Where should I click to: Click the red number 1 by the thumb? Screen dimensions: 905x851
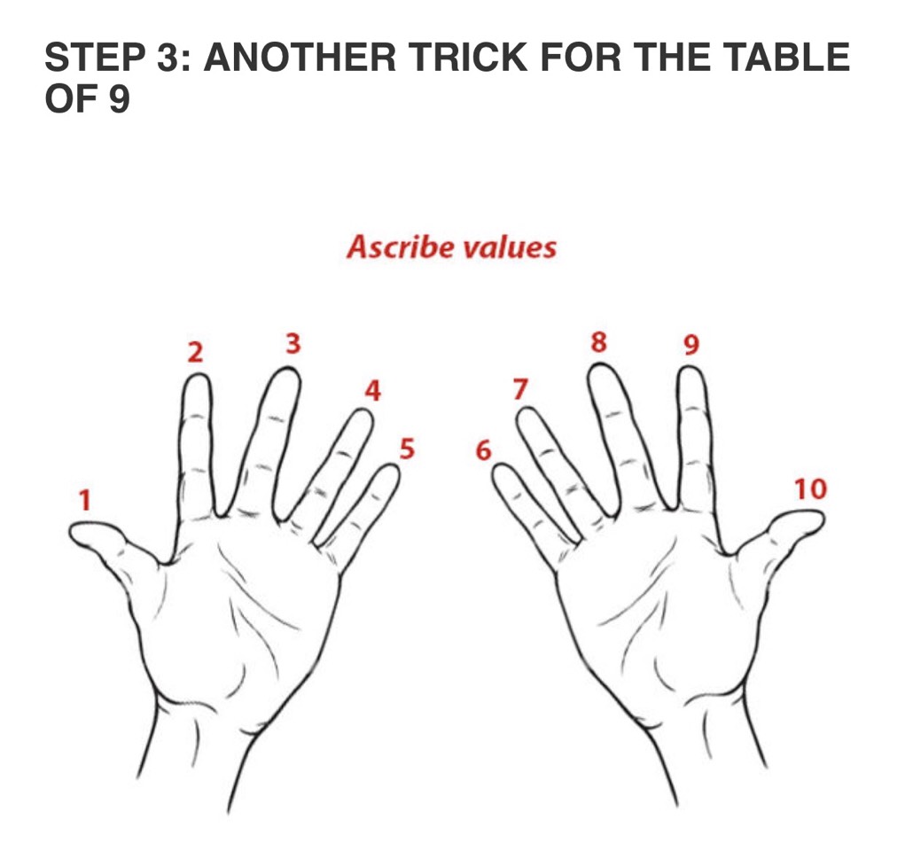[x=85, y=500]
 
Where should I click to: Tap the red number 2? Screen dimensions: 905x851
[x=196, y=352]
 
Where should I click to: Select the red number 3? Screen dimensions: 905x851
[x=293, y=343]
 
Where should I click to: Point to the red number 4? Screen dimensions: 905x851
[x=373, y=390]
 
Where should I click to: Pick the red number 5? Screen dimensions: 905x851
[x=407, y=449]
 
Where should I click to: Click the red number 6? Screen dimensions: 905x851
[x=483, y=450]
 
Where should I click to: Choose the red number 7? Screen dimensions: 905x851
[x=520, y=388]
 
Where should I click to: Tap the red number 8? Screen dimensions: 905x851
[x=599, y=342]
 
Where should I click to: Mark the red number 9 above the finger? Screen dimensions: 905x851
[x=690, y=345]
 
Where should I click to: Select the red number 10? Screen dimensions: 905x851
[x=810, y=489]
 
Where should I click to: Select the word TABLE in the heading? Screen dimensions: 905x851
[x=787, y=57]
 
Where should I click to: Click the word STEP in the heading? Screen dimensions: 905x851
[x=95, y=57]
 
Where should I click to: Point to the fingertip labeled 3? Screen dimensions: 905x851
[x=287, y=369]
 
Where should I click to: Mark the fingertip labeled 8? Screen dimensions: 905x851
[x=599, y=364]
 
